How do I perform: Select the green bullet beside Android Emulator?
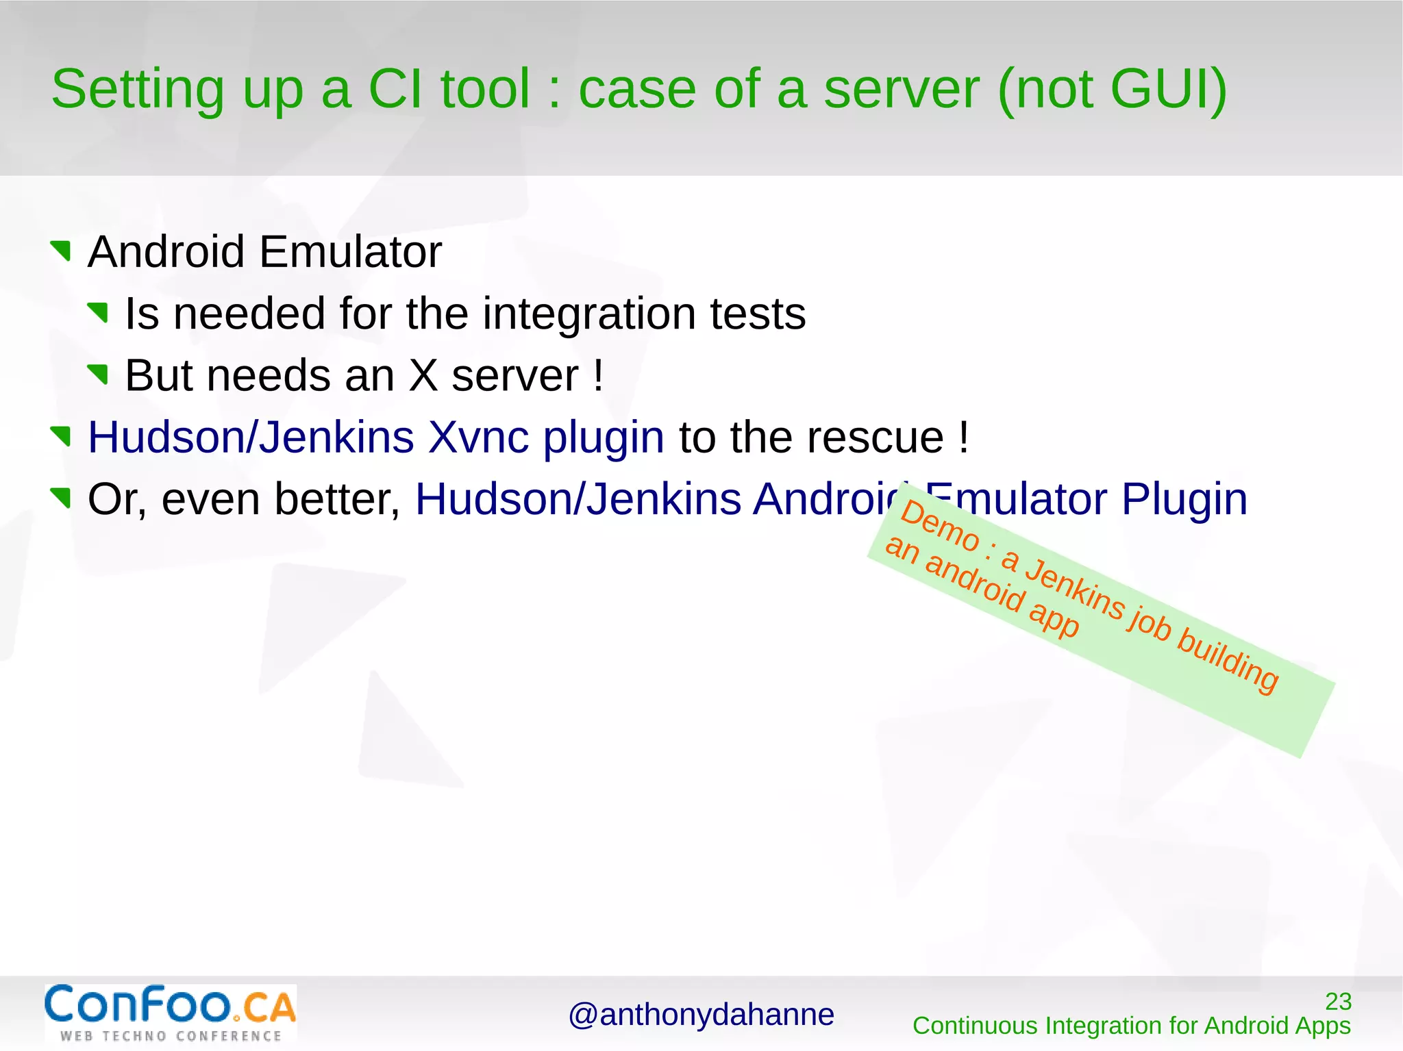click(62, 251)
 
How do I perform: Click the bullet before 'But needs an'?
click(99, 375)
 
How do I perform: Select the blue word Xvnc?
click(478, 438)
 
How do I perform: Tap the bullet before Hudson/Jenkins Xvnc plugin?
click(62, 436)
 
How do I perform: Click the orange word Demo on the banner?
click(939, 527)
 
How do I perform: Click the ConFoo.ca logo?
click(171, 1013)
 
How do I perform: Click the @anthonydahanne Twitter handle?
click(701, 1015)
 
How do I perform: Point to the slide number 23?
click(1338, 1001)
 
